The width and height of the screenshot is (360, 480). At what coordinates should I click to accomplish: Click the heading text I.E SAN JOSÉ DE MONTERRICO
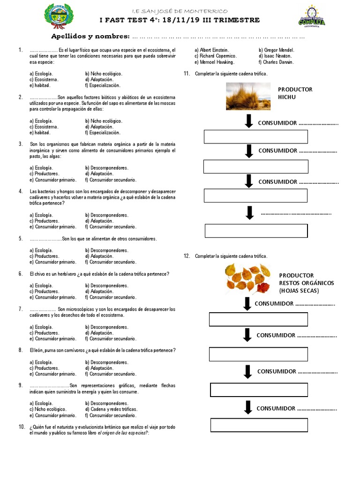[x=180, y=11]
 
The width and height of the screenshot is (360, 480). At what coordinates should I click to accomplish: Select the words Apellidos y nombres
[x=90, y=37]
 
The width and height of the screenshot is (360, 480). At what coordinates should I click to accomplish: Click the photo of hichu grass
[x=248, y=97]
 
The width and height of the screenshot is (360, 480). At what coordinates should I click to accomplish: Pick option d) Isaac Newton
[x=275, y=56]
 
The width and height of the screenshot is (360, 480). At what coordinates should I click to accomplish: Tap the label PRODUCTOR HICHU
[x=295, y=93]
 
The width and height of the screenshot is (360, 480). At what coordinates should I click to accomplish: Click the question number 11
[x=187, y=74]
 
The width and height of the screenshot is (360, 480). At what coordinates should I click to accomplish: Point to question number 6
[x=21, y=274]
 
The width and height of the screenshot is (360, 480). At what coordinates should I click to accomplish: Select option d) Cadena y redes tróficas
[x=111, y=409]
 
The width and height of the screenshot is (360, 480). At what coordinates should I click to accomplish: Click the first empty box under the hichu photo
[x=255, y=137]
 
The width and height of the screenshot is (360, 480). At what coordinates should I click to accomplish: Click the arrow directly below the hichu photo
[x=248, y=121]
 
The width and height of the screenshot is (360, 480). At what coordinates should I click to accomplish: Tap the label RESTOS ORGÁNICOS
[x=307, y=283]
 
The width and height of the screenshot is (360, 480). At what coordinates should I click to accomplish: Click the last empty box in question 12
[x=259, y=425]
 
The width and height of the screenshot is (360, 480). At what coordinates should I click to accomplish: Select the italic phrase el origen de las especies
[x=122, y=433]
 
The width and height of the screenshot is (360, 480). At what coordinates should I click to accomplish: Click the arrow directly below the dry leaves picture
[x=247, y=303]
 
